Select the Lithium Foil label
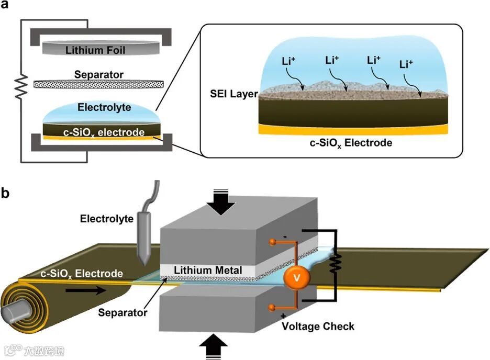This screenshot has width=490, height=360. (98, 51)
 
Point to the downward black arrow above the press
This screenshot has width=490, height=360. (224, 205)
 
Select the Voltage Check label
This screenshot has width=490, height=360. (318, 327)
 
